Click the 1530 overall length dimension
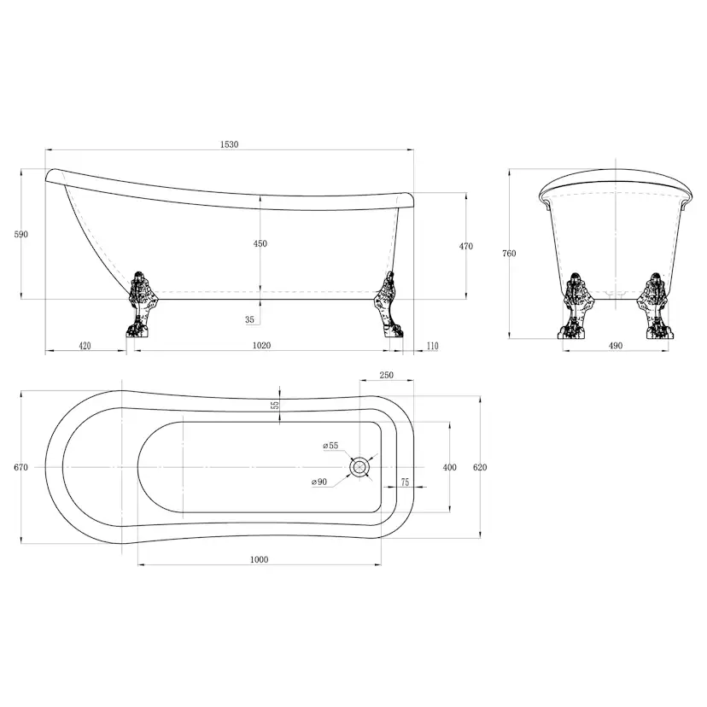point(229,144)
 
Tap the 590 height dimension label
point(20,234)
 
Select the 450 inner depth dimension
point(260,243)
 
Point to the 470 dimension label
point(466,246)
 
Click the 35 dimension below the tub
point(250,319)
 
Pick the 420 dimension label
point(85,346)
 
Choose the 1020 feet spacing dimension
point(261,345)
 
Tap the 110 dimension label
point(432,346)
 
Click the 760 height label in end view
point(509,254)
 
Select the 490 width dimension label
point(616,346)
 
